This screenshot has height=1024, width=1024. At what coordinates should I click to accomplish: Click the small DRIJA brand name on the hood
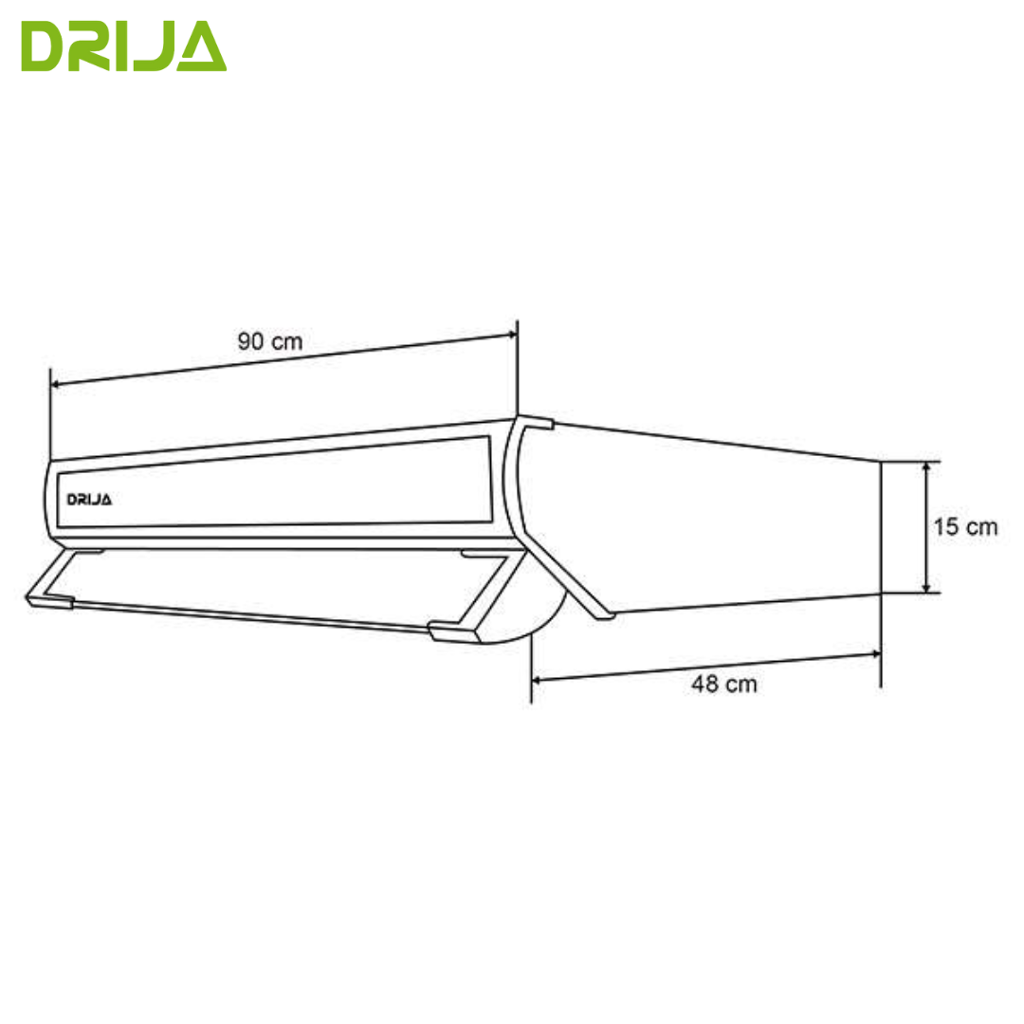pyautogui.click(x=89, y=500)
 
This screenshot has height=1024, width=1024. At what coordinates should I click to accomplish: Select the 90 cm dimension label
pyautogui.click(x=270, y=341)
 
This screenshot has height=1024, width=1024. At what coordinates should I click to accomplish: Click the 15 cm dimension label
pyautogui.click(x=964, y=527)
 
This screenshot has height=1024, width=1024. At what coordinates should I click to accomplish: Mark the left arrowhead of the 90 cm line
pyautogui.click(x=56, y=384)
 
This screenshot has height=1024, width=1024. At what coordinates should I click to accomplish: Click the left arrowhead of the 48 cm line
pyautogui.click(x=538, y=679)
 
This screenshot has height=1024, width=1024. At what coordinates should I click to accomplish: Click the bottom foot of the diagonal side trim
pyautogui.click(x=603, y=615)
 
